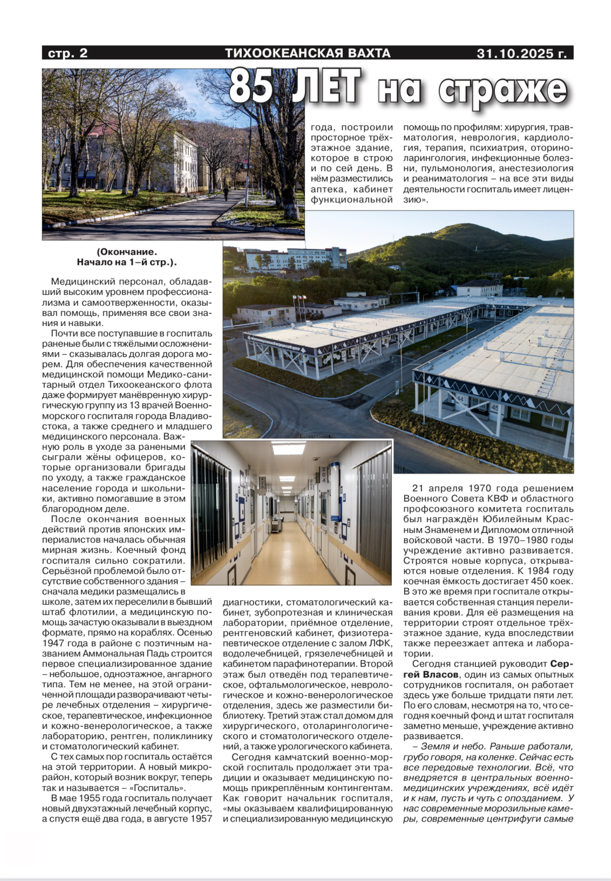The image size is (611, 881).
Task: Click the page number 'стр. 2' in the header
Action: click(67, 53)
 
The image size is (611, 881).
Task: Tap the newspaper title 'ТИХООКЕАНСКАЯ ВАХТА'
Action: click(307, 53)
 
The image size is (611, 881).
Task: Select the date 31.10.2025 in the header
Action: click(521, 53)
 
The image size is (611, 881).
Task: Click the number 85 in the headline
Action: click(252, 86)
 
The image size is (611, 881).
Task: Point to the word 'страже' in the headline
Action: click(503, 90)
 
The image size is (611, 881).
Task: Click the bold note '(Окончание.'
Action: click(127, 252)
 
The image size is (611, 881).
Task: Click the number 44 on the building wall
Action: click(459, 398)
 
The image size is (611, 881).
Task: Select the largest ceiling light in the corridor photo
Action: click(288, 449)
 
